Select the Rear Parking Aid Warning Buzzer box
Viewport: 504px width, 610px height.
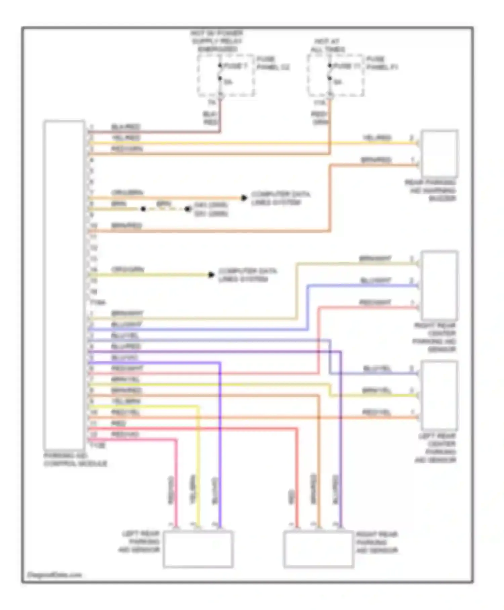pyautogui.click(x=439, y=153)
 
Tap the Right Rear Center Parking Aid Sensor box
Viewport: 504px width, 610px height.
pyautogui.click(x=439, y=285)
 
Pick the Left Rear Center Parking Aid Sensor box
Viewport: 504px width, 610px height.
pyautogui.click(x=439, y=395)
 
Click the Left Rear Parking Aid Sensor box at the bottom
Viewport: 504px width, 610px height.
pyautogui.click(x=198, y=549)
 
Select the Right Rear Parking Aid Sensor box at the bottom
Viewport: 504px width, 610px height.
pyautogui.click(x=318, y=549)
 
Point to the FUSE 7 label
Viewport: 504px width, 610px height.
pyautogui.click(x=235, y=66)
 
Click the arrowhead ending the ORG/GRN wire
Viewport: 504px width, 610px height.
pyautogui.click(x=211, y=275)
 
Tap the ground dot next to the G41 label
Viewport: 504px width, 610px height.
pyautogui.click(x=188, y=209)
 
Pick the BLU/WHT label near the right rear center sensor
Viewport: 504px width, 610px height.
pyautogui.click(x=376, y=280)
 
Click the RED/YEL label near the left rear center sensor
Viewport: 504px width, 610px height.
pyautogui.click(x=376, y=412)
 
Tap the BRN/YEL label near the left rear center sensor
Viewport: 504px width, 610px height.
pyautogui.click(x=376, y=390)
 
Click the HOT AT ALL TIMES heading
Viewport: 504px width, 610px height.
pyautogui.click(x=327, y=45)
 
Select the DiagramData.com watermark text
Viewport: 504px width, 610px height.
pyautogui.click(x=54, y=575)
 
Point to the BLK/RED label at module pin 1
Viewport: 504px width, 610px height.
pyautogui.click(x=126, y=127)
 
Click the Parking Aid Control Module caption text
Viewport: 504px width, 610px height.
pyautogui.click(x=75, y=459)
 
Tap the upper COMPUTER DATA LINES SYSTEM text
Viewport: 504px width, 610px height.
pyautogui.click(x=280, y=198)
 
